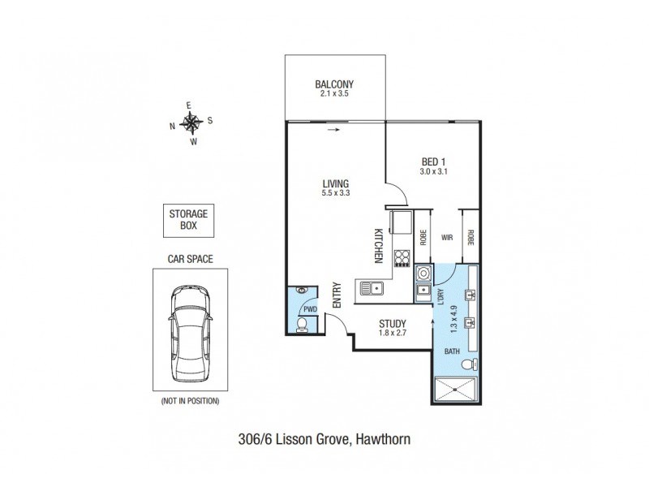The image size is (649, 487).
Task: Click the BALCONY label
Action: (334, 84)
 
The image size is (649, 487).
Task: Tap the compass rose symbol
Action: (192, 123)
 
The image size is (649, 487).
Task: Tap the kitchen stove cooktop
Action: (402, 258)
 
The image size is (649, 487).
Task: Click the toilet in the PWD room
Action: (301, 325)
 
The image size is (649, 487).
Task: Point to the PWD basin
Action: (301, 289)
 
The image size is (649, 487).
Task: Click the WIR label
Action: (446, 239)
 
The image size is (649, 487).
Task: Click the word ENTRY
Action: (337, 295)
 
